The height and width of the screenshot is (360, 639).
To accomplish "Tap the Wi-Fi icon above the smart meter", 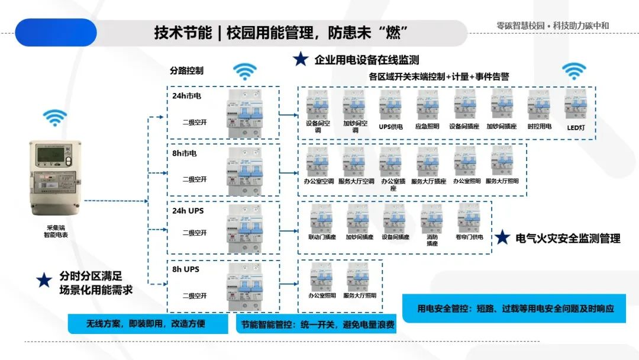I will click(54, 117).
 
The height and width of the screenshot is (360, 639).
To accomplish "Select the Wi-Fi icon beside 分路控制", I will click(244, 71).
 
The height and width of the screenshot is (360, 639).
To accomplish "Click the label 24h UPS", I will click(188, 211).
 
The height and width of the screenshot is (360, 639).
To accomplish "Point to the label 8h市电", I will click(185, 153).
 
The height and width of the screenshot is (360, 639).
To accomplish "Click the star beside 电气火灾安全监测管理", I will click(502, 238).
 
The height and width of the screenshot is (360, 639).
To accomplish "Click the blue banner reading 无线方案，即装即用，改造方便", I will click(148, 324).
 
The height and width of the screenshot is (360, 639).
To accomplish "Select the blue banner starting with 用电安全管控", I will click(514, 308).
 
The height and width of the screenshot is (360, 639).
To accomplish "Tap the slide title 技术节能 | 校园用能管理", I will click(281, 33).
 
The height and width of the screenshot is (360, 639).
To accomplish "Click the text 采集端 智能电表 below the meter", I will click(57, 231).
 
